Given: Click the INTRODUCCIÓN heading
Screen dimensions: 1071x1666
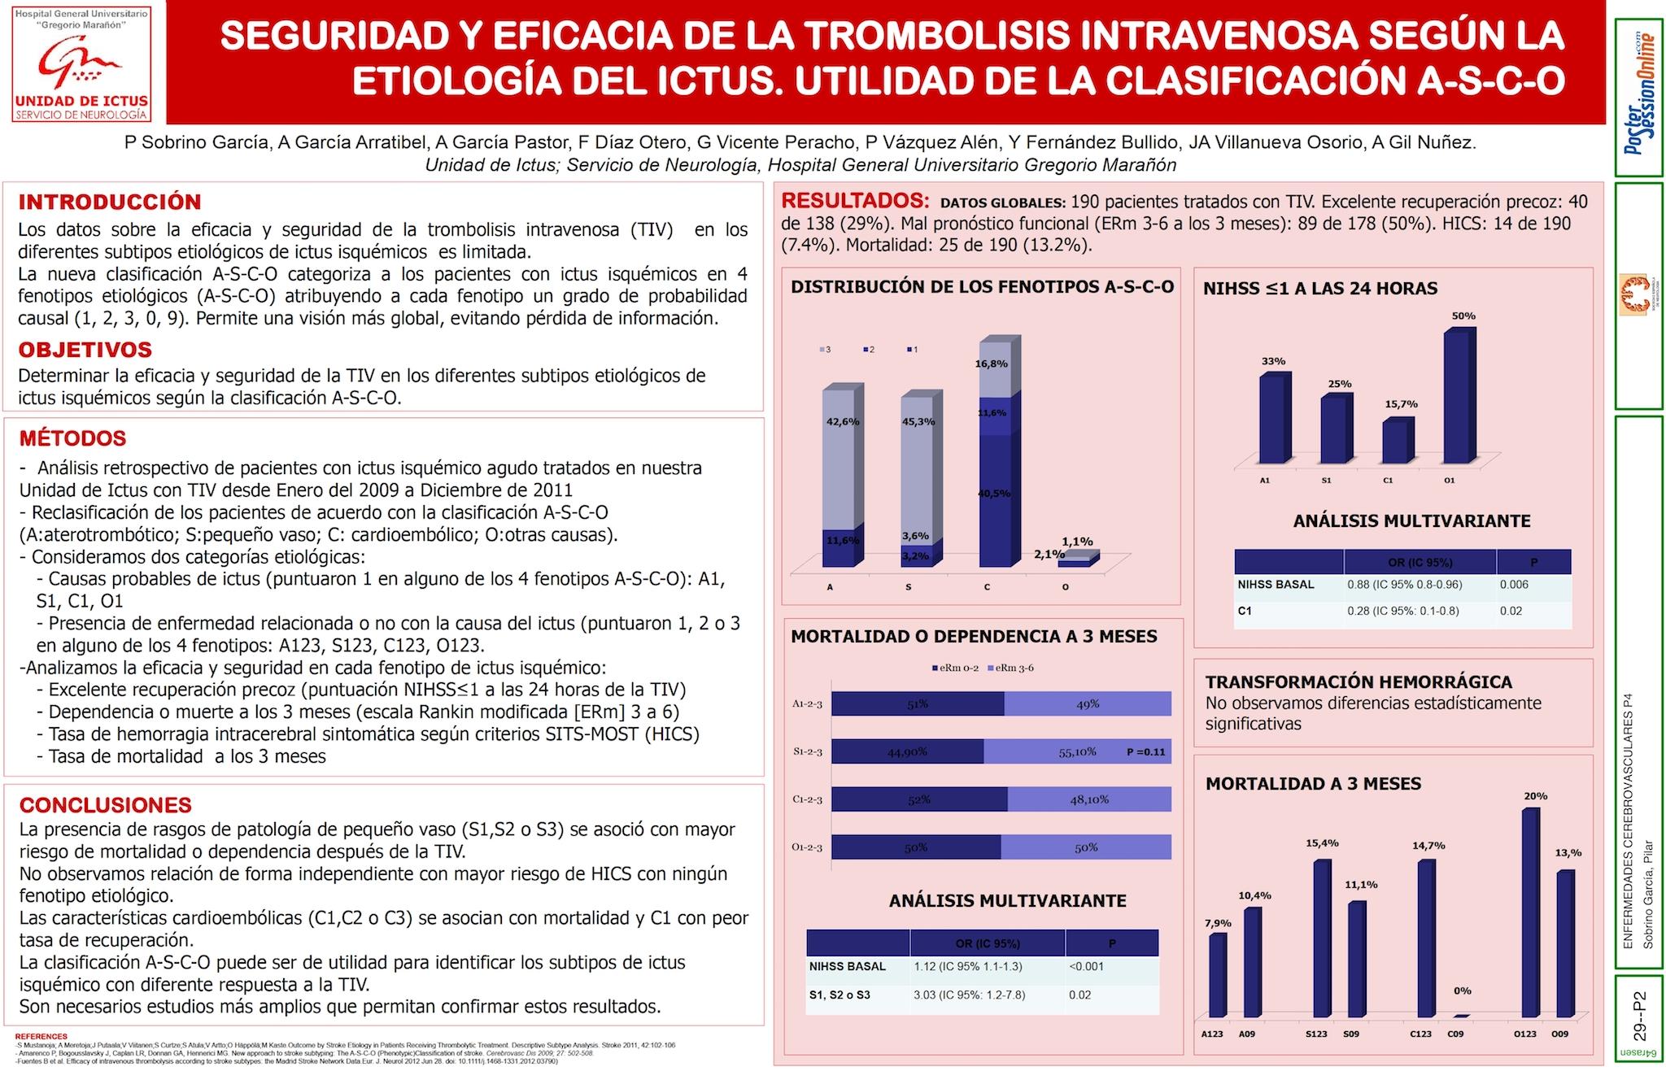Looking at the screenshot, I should (110, 202).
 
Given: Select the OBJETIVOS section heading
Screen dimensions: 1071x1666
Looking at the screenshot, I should (85, 350).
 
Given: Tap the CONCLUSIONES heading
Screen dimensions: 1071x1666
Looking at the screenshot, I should (106, 805).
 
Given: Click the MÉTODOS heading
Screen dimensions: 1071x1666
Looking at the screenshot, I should (73, 439).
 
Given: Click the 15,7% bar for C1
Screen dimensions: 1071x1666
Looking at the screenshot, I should (1396, 442).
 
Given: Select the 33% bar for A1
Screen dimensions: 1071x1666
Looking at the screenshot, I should (1273, 419).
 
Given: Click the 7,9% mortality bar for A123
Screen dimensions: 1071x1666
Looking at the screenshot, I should (1217, 975).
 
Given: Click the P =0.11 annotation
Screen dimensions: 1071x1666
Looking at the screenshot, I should (1145, 752).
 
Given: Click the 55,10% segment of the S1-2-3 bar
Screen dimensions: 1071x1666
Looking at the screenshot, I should (1076, 751).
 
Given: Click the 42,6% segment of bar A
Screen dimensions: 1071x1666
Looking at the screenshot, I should (838, 459).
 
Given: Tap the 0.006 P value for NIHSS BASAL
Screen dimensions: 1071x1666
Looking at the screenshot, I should (1513, 585).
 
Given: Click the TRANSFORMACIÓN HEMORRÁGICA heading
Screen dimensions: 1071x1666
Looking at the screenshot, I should (1359, 682).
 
